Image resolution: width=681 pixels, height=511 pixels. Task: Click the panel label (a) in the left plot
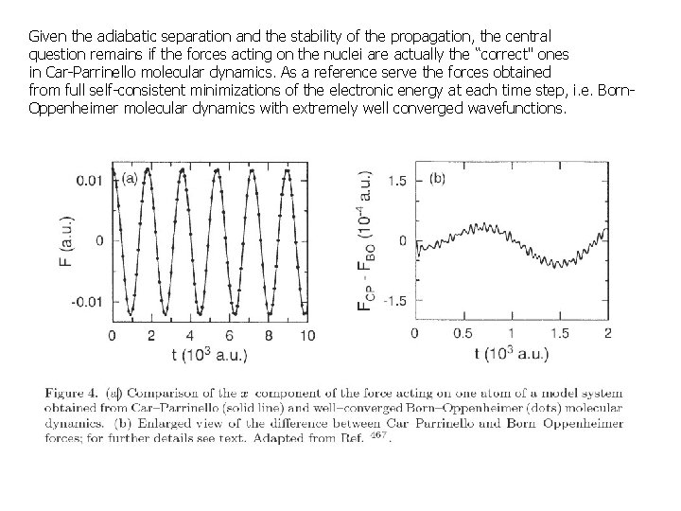click(129, 175)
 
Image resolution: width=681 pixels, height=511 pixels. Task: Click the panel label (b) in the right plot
click(437, 177)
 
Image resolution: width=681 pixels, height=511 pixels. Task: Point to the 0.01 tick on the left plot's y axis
click(94, 179)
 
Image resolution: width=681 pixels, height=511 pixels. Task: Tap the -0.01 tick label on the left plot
click(90, 300)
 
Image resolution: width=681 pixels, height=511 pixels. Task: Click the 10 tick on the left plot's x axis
click(307, 335)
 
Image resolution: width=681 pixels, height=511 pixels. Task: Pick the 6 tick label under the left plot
click(230, 335)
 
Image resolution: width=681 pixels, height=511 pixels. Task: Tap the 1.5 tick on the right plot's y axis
click(398, 180)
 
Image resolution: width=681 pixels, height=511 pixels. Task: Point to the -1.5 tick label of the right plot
click(395, 300)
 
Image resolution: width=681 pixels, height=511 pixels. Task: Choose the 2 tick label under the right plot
click(606, 334)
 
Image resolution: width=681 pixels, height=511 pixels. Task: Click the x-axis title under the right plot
click(511, 354)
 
